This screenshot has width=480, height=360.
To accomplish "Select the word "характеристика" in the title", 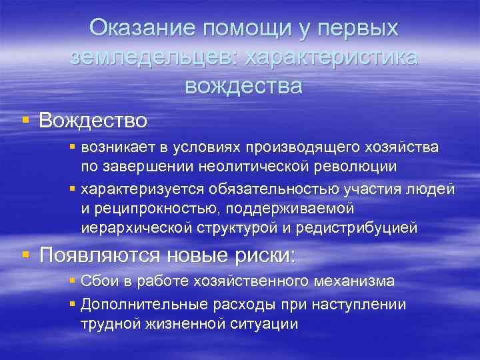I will point(331,57).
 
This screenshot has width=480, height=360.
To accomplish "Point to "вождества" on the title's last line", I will point(243,86).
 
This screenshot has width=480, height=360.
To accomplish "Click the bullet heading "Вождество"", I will point(93,121).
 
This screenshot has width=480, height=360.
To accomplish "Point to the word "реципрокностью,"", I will point(147,209).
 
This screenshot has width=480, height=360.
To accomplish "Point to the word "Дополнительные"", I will point(129,304).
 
